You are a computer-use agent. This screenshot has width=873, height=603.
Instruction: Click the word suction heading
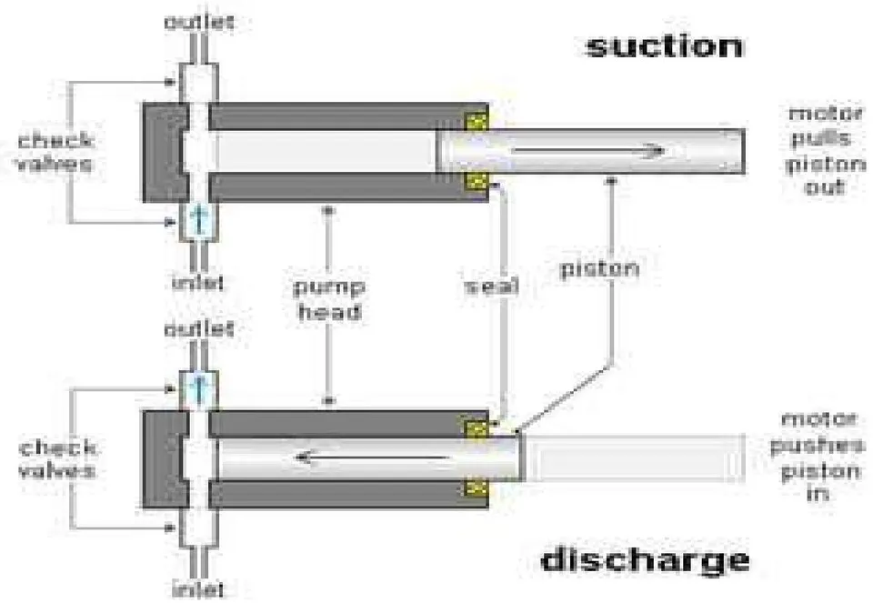665,46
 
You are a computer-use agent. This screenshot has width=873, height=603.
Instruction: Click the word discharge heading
646,560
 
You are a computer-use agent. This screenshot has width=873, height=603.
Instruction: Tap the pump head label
329,299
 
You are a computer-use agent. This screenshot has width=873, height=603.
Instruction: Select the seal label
492,286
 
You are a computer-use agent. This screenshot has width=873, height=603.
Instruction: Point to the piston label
599,269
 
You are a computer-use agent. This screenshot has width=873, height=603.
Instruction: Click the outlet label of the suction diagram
199,22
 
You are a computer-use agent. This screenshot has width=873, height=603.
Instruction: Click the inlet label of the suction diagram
197,282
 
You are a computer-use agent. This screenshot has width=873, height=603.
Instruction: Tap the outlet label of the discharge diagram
199,329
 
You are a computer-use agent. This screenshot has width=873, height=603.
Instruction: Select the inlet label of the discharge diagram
197,588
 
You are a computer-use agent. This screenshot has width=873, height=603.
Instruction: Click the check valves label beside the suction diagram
55,152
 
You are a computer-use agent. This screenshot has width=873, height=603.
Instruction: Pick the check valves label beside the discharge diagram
57,459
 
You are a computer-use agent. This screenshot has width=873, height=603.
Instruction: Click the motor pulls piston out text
825,150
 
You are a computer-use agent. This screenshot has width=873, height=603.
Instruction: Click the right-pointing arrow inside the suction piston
588,150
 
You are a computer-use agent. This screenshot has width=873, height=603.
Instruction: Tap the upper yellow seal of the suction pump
477,121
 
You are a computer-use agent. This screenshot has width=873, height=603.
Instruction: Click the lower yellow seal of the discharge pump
477,488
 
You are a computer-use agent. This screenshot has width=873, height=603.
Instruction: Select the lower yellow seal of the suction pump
477,180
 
